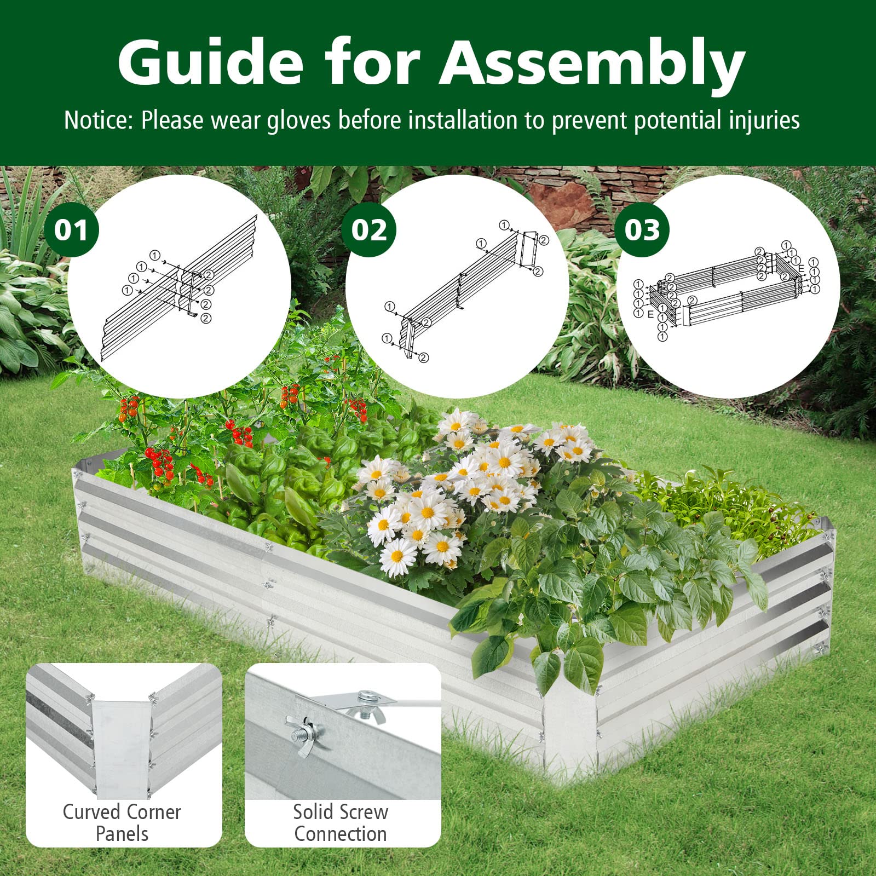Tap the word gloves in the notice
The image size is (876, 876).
[x=299, y=120]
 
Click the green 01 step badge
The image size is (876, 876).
[x=71, y=229]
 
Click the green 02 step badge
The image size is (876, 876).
[x=369, y=229]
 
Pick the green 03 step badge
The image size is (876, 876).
[x=643, y=229]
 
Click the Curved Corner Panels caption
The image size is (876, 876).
[x=122, y=822]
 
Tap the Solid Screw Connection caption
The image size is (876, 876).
[x=341, y=822]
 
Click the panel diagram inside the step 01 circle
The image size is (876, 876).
[x=181, y=287]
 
